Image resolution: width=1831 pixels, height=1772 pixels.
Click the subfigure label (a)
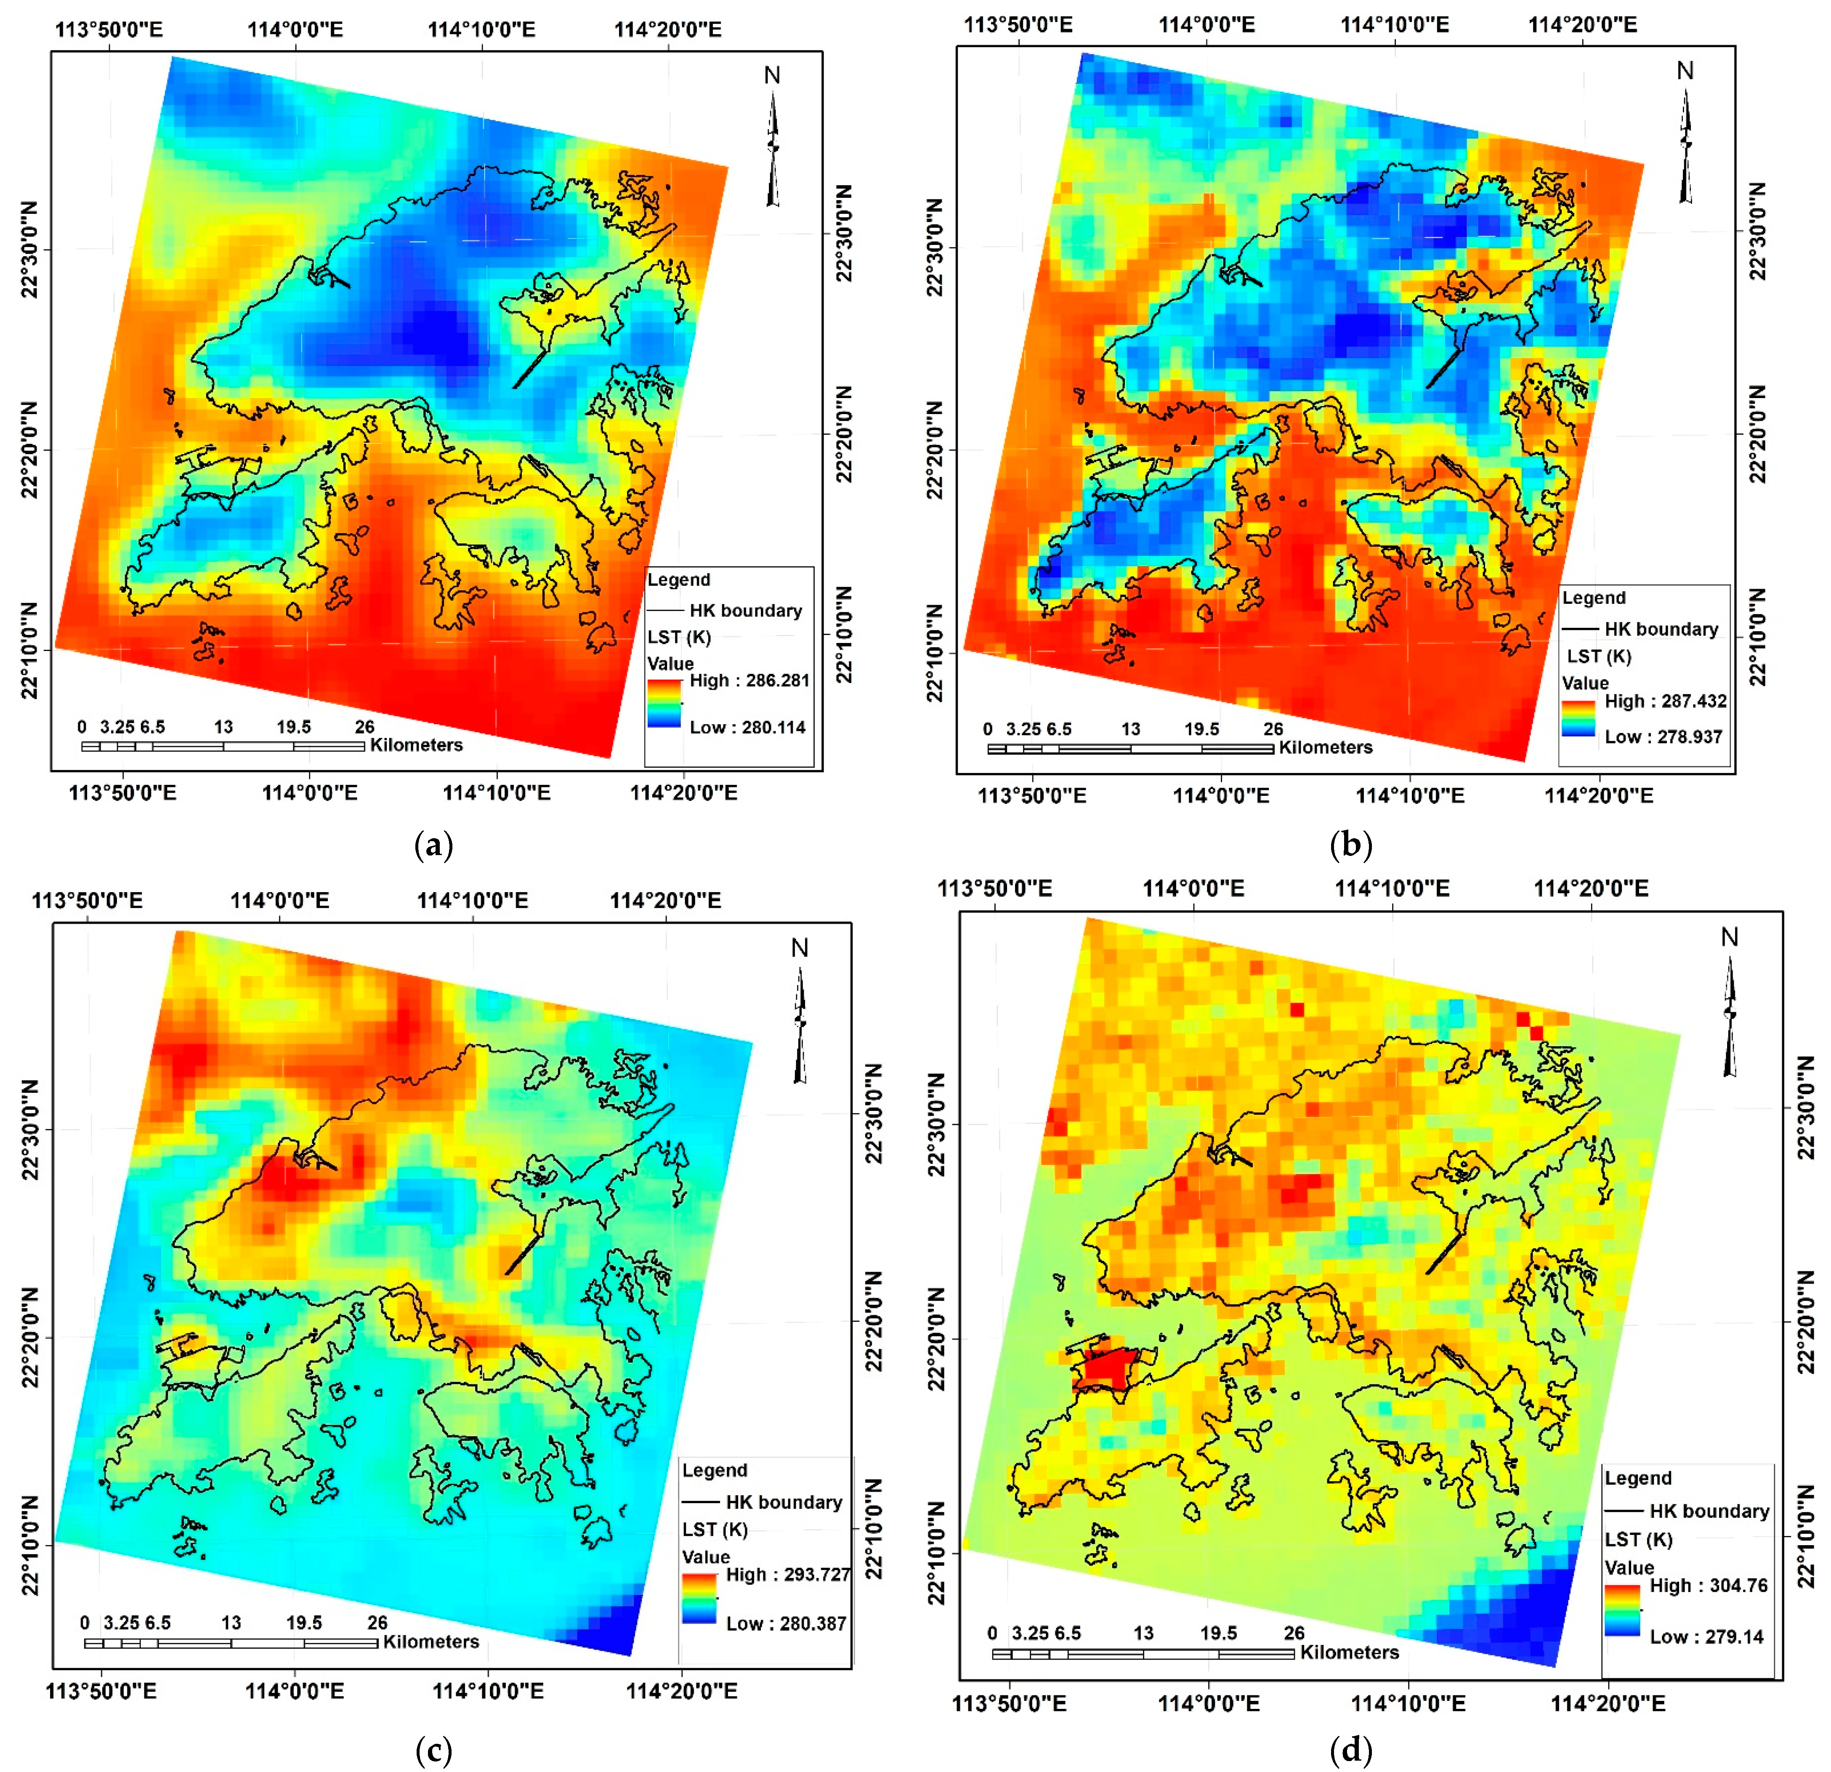point(433,846)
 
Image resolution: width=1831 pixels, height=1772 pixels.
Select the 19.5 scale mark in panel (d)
point(1218,1633)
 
